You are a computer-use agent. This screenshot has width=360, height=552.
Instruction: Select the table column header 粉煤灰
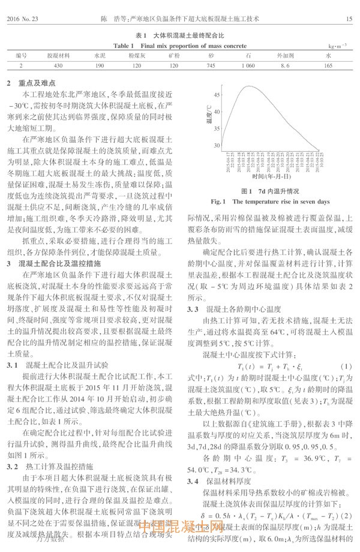click(133, 55)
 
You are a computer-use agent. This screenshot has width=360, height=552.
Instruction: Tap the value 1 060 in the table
click(248, 65)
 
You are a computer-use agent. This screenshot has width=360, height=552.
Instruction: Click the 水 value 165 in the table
click(328, 65)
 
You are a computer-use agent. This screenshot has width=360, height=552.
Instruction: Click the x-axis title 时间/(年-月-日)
click(270, 176)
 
